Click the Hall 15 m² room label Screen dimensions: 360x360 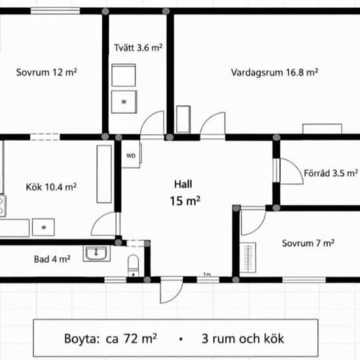[185, 193]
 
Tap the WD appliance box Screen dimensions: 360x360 [131, 156]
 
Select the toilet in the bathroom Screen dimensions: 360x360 [133, 265]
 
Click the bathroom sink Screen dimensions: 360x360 [96, 253]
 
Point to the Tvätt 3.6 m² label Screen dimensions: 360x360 [138, 48]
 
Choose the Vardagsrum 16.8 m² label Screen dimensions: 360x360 [274, 72]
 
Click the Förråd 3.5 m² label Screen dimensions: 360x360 [331, 173]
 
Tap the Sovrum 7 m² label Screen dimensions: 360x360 [308, 243]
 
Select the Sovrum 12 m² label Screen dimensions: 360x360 [46, 72]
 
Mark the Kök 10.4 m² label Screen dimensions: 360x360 [51, 187]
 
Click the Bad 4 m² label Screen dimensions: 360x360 [52, 259]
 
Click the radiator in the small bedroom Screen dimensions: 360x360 [248, 258]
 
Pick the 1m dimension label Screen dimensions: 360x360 [207, 274]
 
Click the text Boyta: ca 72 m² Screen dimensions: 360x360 [111, 338]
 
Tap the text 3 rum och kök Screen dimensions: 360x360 [243, 338]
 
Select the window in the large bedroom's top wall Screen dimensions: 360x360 [56, 10]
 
